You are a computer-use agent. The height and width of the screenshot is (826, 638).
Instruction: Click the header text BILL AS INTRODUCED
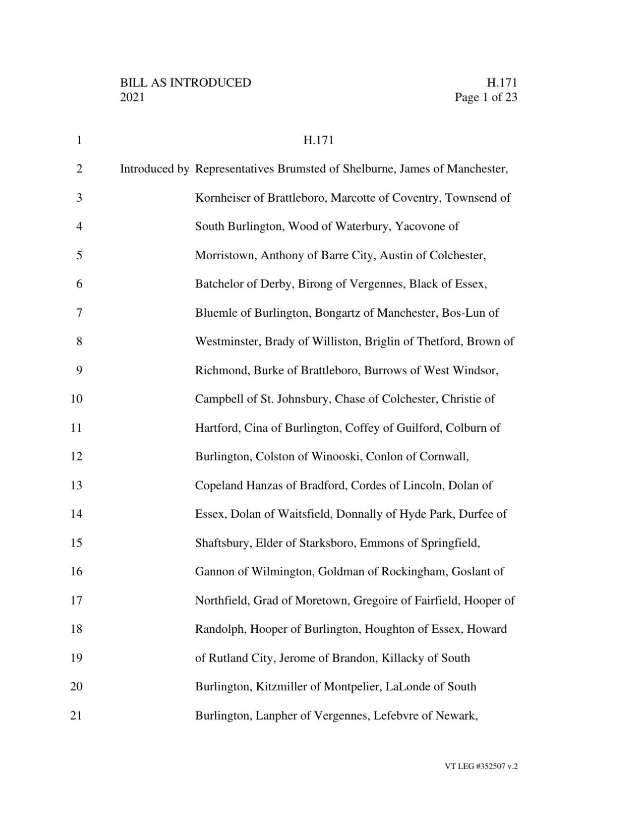(x=186, y=83)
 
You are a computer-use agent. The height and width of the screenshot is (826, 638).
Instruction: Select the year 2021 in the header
(x=132, y=97)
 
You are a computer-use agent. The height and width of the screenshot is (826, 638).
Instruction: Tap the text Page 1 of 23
(x=486, y=97)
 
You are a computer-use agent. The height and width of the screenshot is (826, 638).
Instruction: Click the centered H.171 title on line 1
(x=318, y=140)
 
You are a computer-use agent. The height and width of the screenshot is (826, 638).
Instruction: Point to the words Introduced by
(x=154, y=169)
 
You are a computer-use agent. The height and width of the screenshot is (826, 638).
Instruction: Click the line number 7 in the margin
(x=79, y=313)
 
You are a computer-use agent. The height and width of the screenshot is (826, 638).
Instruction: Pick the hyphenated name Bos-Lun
(x=463, y=313)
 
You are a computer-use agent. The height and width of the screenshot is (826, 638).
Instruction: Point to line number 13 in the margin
(x=76, y=486)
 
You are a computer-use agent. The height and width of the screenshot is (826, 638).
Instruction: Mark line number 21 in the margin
(x=76, y=716)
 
